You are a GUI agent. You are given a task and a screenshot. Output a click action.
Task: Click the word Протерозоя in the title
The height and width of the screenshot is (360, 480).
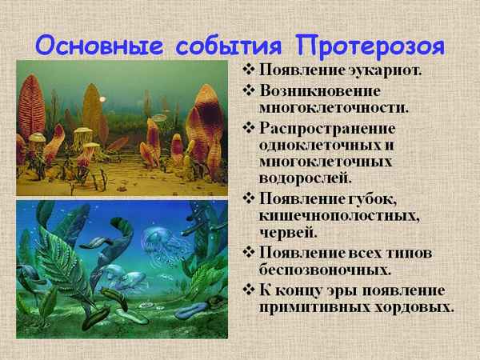click(x=378, y=42)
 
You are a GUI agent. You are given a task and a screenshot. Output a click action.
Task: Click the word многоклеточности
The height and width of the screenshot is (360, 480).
click(x=329, y=106)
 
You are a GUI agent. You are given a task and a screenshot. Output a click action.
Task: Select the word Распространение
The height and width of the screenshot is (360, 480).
click(x=322, y=128)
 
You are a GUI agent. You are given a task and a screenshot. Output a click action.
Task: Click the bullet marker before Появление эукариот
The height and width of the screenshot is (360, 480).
click(x=249, y=69)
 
